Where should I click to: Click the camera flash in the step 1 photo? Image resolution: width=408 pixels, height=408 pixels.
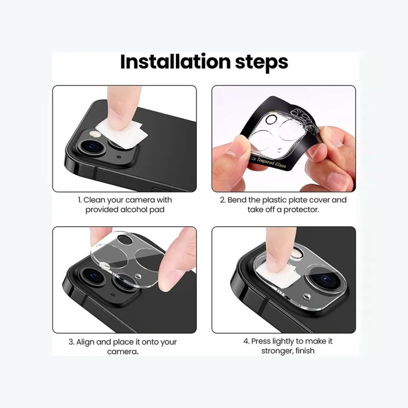(97, 134)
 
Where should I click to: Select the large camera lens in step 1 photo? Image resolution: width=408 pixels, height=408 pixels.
(91, 148)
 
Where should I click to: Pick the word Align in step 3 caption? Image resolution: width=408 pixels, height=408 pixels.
(86, 341)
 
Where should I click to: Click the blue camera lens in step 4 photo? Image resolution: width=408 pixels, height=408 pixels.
(325, 279)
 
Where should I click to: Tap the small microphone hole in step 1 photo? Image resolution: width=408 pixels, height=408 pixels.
(118, 157)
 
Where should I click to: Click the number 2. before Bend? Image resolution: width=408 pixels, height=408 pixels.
(223, 200)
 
